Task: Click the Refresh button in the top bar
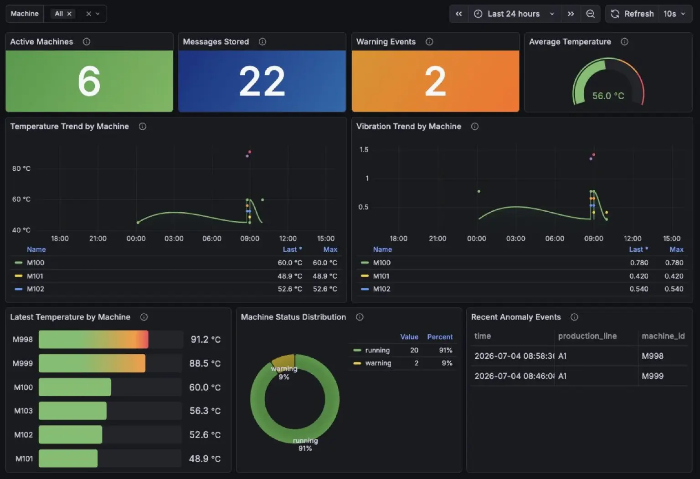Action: point(632,14)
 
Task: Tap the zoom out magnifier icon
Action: point(590,14)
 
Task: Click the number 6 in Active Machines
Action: point(89,81)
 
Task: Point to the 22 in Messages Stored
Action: point(262,81)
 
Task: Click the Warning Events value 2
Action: point(435,81)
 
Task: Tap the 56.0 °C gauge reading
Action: point(608,96)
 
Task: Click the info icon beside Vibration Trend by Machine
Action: point(474,127)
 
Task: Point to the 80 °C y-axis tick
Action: point(21,168)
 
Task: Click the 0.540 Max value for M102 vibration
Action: point(674,289)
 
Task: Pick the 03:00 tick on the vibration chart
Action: point(515,239)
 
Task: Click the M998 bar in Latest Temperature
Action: point(93,339)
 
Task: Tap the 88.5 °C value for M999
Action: point(205,363)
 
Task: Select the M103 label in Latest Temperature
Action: point(23,411)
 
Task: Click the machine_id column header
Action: point(663,336)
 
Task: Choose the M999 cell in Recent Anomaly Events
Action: point(653,376)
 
